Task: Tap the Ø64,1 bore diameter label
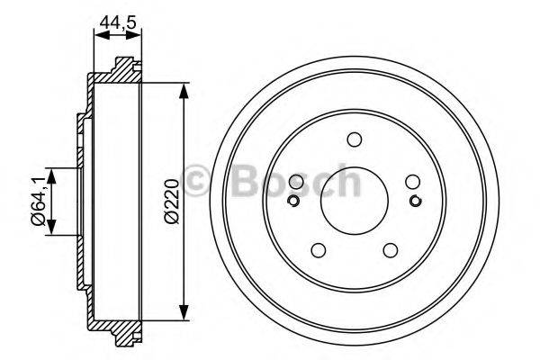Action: click(38, 199)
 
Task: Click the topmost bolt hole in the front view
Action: click(354, 139)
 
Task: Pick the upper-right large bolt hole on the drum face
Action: click(412, 181)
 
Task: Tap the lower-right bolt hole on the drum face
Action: click(390, 251)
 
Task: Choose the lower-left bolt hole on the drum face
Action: click(318, 251)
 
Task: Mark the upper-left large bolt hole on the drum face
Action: click(295, 181)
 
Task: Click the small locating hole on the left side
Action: click(292, 200)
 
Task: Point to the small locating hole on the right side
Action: click(415, 200)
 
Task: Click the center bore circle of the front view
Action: click(354, 200)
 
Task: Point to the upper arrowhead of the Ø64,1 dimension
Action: click(52, 175)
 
